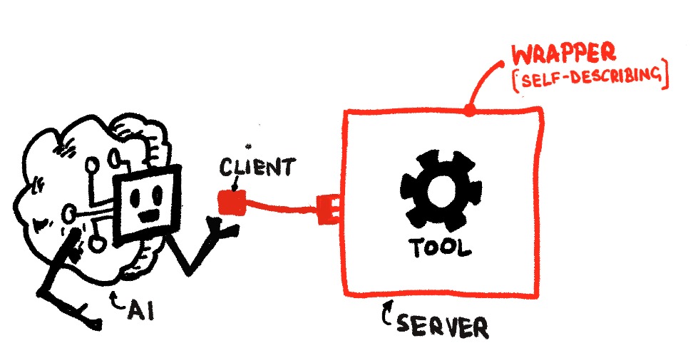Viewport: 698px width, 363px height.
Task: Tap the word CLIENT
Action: click(255, 168)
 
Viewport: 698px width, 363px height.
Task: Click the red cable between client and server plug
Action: click(281, 208)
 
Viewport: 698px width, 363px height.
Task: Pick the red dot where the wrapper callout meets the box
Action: click(468, 111)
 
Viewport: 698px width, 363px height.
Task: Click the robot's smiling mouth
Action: click(149, 213)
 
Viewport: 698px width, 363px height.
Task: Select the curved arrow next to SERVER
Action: click(388, 315)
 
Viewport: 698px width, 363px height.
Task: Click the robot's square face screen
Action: click(148, 200)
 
